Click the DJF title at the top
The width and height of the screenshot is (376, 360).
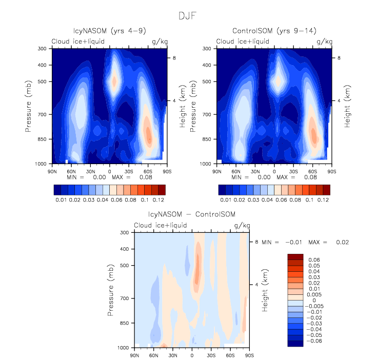coord(188,16)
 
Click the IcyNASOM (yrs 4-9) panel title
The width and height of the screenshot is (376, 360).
coord(109,31)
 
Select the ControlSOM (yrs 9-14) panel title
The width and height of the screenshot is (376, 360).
coord(274,31)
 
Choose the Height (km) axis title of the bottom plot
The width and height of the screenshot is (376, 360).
coord(265,290)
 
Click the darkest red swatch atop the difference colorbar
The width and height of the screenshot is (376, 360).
coord(295,256)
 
